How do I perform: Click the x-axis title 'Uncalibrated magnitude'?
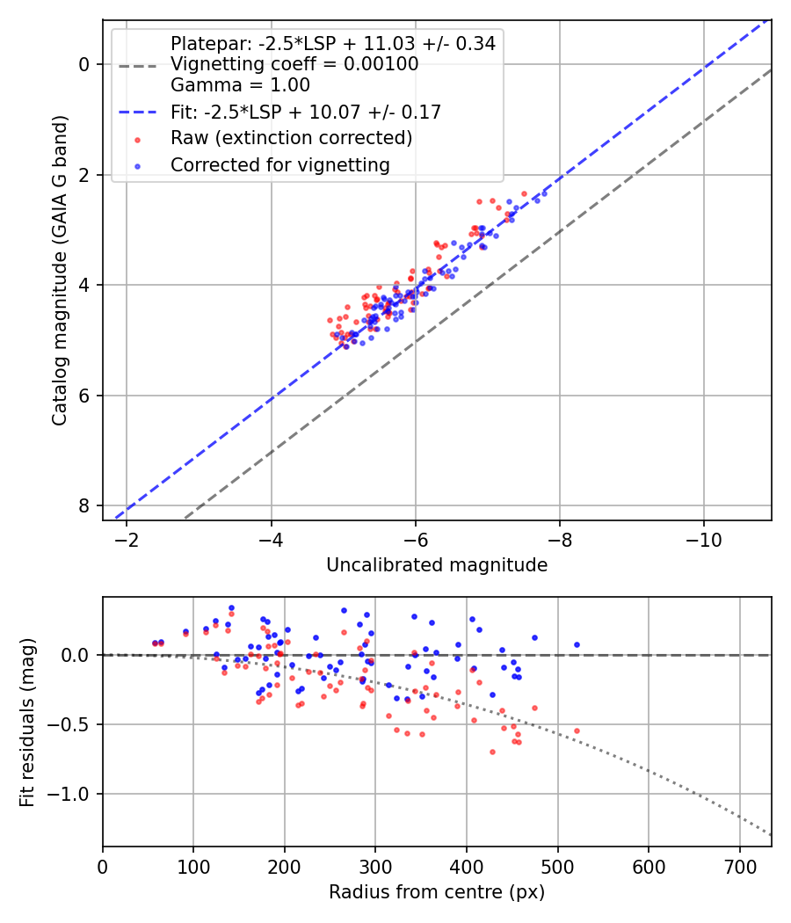coord(437,565)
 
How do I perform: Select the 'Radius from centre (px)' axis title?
coord(437,892)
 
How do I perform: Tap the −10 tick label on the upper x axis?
coord(704,538)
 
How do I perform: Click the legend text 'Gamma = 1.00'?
coord(240,85)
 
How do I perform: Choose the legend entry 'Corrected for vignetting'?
coord(279,164)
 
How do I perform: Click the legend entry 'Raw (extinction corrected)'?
coord(291,138)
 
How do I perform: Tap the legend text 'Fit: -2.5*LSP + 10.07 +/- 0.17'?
coord(305,112)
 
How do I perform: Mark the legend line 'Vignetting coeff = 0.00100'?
coord(294,64)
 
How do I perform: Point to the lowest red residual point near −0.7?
coord(492,752)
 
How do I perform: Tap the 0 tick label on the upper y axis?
coord(84,64)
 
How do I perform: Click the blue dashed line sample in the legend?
coord(138,113)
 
